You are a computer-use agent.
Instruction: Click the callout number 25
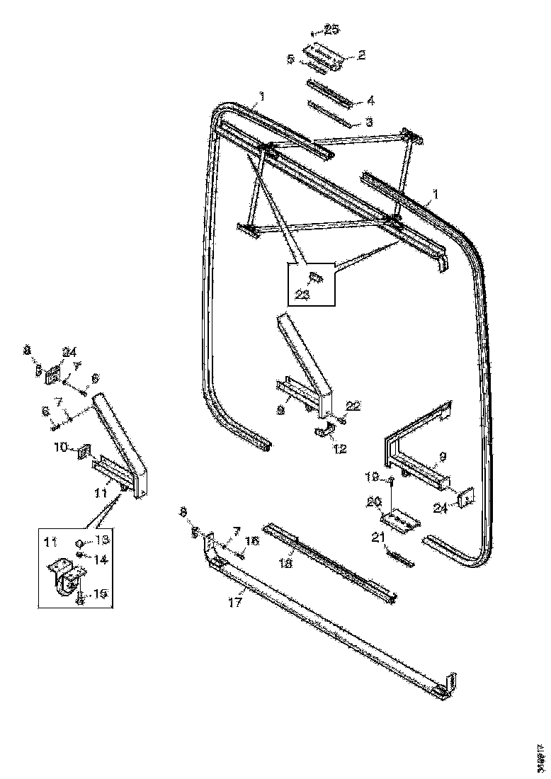point(331,29)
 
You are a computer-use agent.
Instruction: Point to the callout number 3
point(369,122)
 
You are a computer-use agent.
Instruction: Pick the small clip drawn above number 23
point(317,278)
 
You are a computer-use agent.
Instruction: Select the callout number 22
point(353,405)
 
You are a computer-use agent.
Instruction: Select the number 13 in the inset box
point(103,540)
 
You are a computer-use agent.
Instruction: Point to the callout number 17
point(235,603)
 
